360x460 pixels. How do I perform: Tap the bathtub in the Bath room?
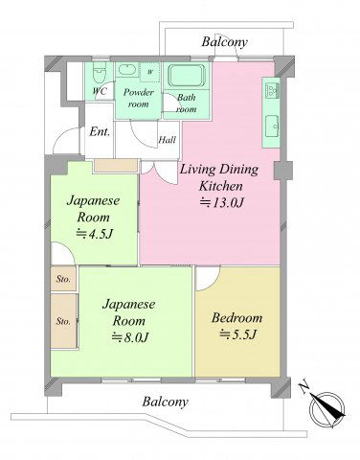click(187, 76)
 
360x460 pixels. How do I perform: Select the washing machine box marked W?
click(149, 72)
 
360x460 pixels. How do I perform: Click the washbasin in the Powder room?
click(126, 69)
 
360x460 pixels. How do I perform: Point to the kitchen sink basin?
click(272, 126)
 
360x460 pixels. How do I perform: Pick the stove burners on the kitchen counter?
click(272, 90)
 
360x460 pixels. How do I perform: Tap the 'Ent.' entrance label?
click(100, 131)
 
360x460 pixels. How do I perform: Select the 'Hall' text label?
click(168, 140)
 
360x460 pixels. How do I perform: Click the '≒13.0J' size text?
click(222, 202)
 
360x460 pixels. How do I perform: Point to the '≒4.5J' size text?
click(95, 234)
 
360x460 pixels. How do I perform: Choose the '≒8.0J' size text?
click(130, 337)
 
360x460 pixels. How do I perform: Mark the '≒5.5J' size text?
click(237, 334)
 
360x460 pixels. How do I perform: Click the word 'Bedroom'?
click(237, 318)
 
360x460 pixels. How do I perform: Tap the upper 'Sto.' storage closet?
click(63, 279)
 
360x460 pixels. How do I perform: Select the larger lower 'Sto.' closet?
click(64, 321)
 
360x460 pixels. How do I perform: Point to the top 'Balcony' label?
click(225, 42)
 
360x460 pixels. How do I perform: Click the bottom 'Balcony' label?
click(165, 402)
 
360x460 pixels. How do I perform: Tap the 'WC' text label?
click(100, 91)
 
